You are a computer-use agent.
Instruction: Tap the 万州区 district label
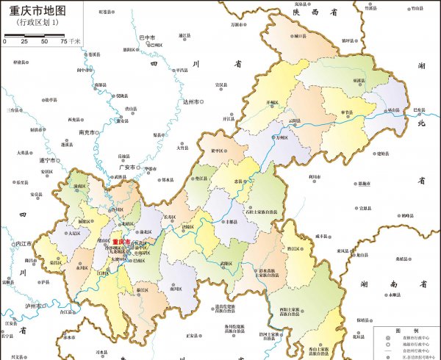pyautogui.click(x=280, y=137)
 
